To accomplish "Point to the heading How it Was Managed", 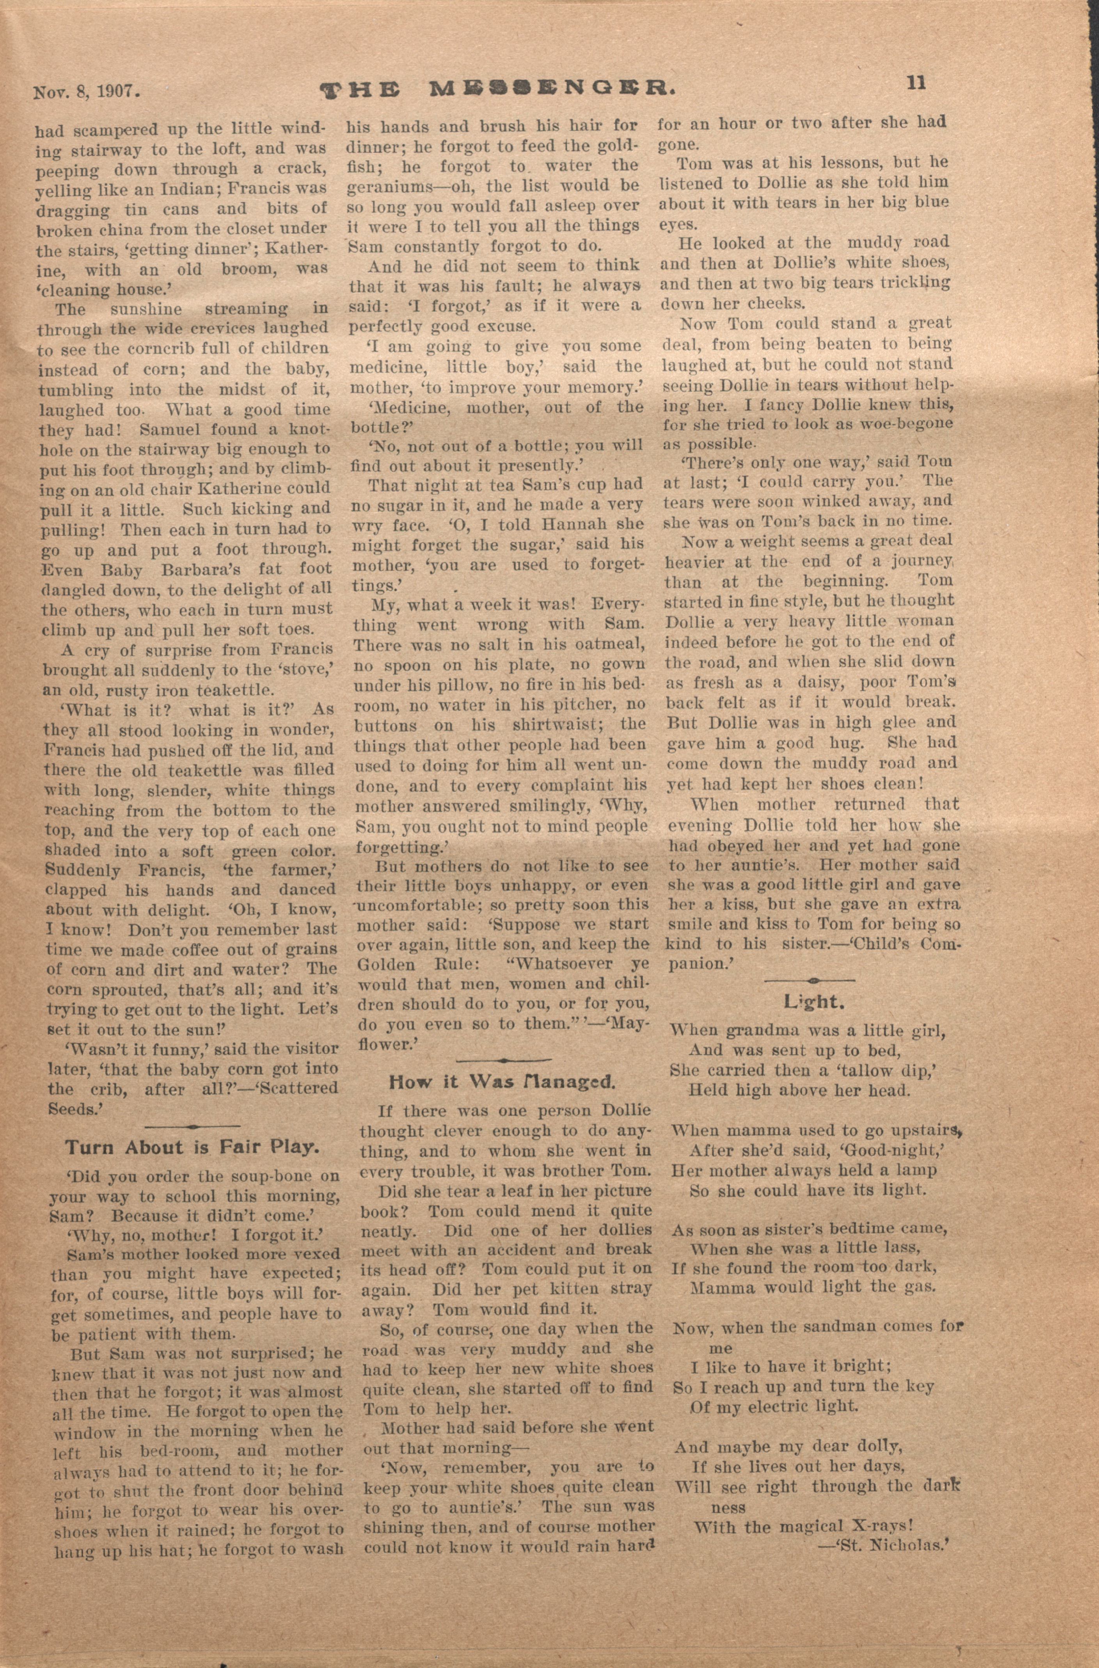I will tap(502, 1081).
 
